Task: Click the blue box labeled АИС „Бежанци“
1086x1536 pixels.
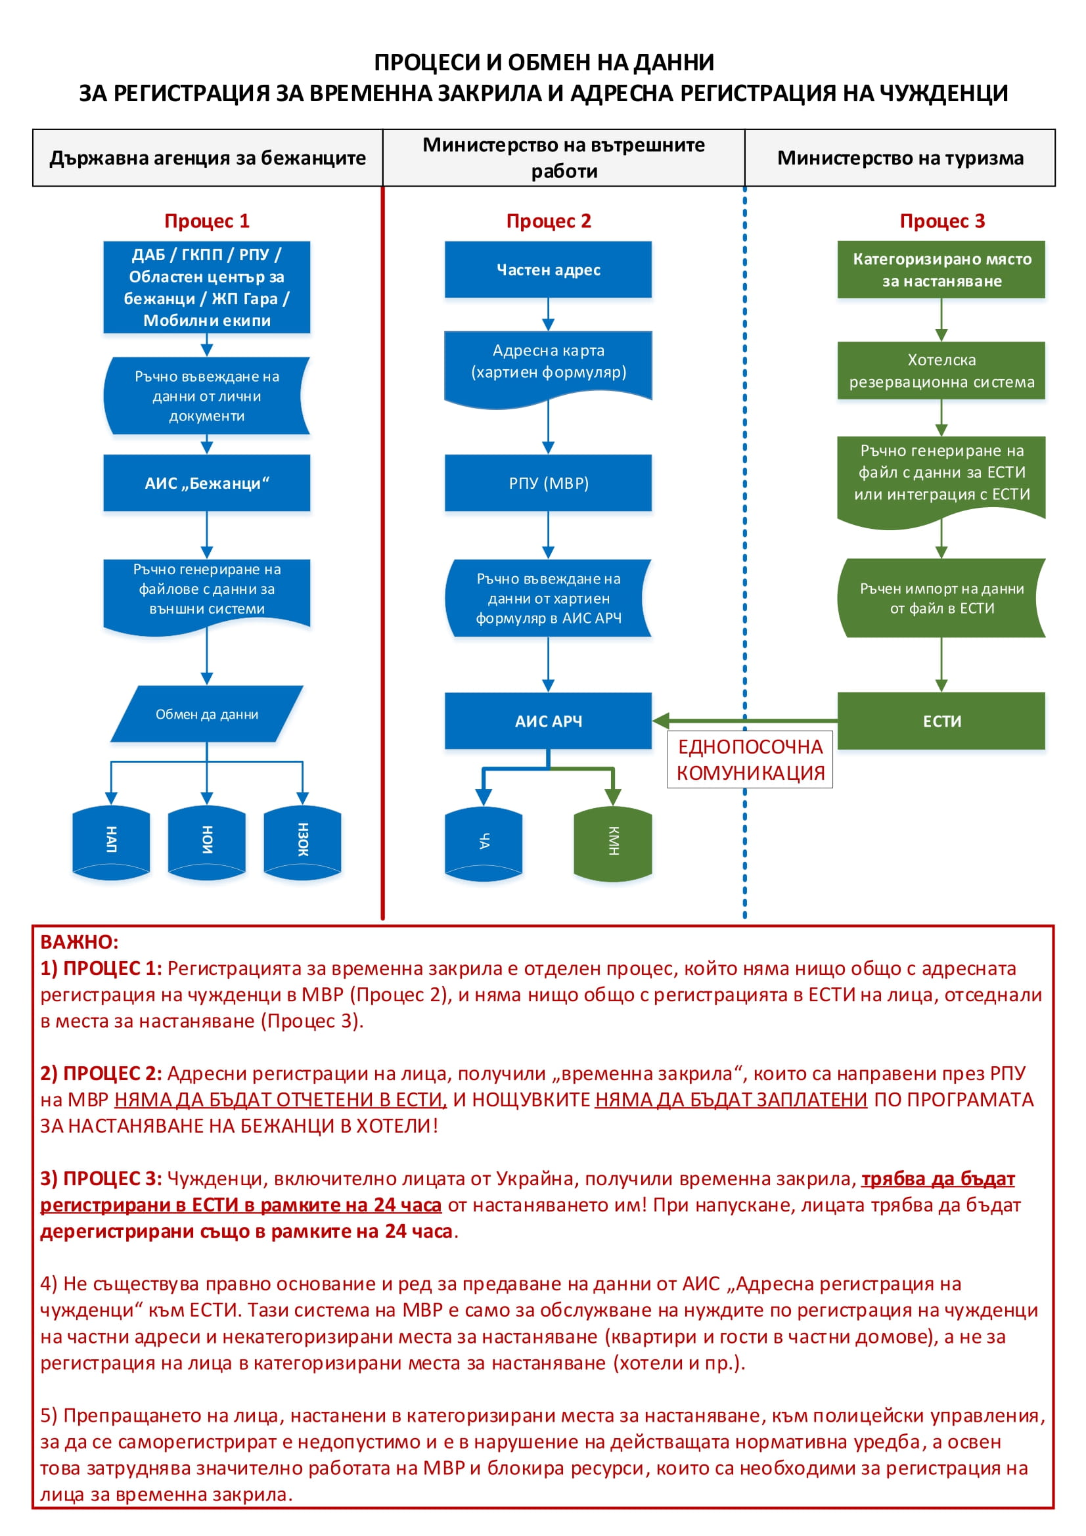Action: [x=207, y=483]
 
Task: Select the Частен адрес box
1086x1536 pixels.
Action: [x=548, y=269]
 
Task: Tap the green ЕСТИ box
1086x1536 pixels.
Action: [x=941, y=721]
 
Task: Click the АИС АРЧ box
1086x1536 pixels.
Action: [x=548, y=721]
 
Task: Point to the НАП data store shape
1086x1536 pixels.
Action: [x=111, y=840]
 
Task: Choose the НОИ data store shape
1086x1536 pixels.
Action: [x=207, y=840]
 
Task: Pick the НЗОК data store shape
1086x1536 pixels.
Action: [x=302, y=840]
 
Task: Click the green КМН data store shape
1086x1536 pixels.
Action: [x=612, y=842]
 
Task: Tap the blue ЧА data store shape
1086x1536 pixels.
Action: [x=484, y=842]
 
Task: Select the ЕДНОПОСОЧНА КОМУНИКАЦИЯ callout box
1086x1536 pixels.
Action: [x=750, y=759]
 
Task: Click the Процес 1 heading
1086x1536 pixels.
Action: [x=207, y=221]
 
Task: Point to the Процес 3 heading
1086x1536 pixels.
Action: [x=941, y=221]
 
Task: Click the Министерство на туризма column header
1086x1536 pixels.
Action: [x=900, y=158]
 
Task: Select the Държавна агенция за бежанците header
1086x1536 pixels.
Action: [x=208, y=158]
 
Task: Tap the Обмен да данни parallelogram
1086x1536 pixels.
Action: [x=207, y=714]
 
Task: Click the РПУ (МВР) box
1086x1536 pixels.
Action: [x=548, y=483]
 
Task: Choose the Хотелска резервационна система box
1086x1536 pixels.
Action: [x=941, y=371]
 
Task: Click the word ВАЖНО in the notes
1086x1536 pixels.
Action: [x=79, y=942]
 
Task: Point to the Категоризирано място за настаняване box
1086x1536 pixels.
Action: [x=941, y=269]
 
